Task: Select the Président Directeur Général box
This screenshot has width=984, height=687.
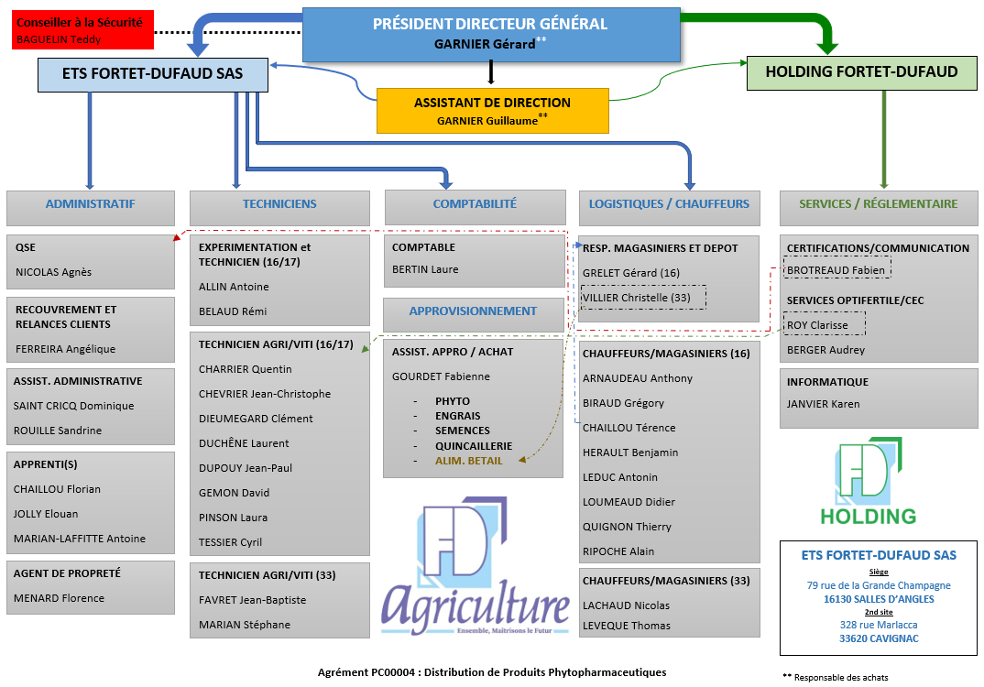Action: pos(490,34)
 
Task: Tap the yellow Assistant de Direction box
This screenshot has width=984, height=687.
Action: pos(492,111)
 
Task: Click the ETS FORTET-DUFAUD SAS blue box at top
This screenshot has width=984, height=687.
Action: pos(152,74)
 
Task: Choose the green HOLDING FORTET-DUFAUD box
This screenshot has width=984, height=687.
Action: pos(861,72)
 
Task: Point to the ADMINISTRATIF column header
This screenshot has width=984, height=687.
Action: pos(90,205)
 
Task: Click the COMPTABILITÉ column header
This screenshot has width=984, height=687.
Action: pos(475,205)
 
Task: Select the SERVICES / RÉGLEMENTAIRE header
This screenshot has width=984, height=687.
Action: pos(878,205)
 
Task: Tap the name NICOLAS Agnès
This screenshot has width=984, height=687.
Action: pos(53,272)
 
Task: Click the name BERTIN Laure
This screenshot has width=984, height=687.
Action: pos(425,269)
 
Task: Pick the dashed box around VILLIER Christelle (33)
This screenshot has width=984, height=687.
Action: pos(643,298)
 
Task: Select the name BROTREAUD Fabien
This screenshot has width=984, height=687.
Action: pos(837,270)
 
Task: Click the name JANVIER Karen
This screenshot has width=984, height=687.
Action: pos(824,404)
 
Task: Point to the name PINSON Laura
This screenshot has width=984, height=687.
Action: pos(234,518)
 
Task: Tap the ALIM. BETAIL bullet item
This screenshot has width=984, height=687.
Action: pos(468,461)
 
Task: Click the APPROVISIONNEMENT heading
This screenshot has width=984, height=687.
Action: pos(473,311)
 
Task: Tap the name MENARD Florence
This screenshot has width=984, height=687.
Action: pos(59,598)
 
